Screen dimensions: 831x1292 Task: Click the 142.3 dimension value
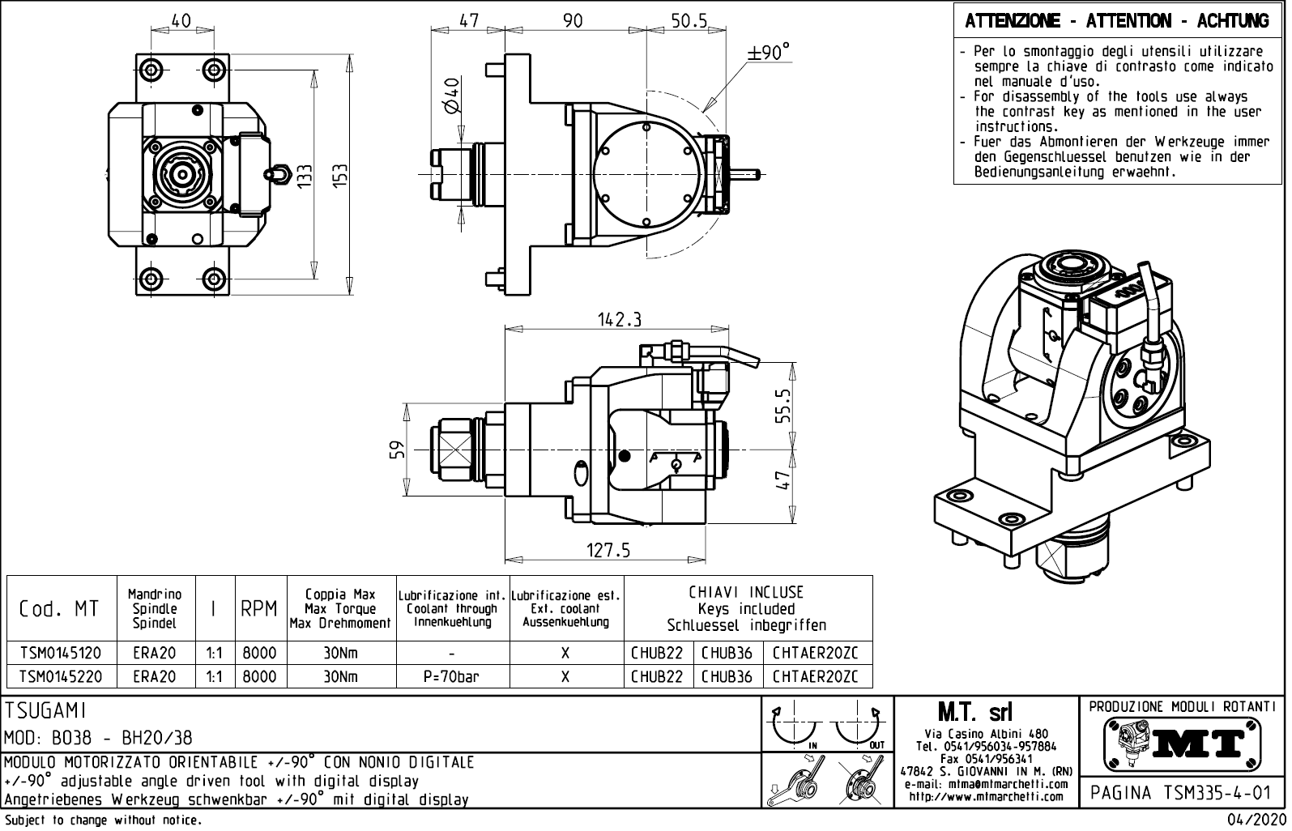620,320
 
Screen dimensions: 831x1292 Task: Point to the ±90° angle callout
768,53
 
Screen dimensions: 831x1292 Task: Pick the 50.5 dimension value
689,21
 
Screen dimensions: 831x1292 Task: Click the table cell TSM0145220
60,676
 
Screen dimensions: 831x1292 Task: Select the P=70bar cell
451,676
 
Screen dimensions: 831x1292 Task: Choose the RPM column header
259,608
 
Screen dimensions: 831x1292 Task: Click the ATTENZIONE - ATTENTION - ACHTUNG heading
1116,21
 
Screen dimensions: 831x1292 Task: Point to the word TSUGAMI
45,711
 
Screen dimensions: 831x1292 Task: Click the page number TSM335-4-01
1183,792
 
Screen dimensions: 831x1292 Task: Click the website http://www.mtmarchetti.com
986,796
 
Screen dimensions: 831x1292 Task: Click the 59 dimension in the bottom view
395,450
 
